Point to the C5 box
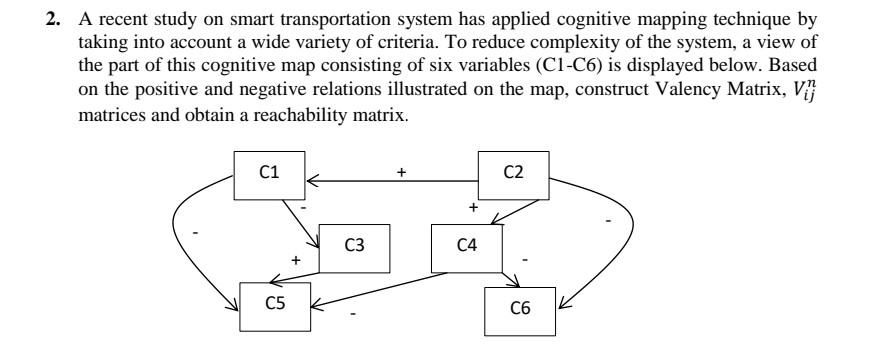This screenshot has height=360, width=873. click(x=269, y=301)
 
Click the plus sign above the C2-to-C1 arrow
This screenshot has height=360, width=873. click(x=401, y=171)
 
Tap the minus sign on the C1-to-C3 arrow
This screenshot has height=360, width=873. click(x=303, y=207)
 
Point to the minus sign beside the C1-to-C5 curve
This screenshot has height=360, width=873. click(x=195, y=232)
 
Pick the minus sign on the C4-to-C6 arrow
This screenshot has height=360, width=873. click(x=526, y=259)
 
